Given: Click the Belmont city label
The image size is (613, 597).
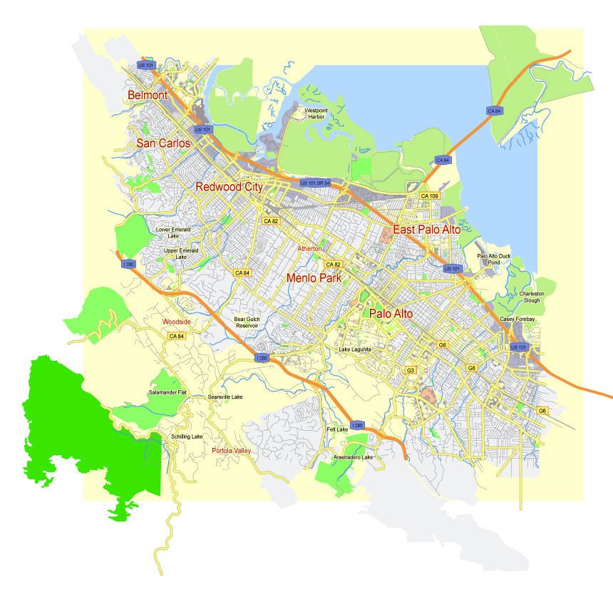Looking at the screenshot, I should click(x=148, y=95).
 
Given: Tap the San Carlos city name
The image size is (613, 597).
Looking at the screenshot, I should click(x=163, y=143).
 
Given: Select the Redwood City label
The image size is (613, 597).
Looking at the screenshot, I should click(x=230, y=187).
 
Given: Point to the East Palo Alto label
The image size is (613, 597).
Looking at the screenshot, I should click(x=426, y=230).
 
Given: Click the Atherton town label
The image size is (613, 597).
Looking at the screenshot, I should click(x=310, y=248).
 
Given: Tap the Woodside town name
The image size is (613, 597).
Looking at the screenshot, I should click(x=177, y=322).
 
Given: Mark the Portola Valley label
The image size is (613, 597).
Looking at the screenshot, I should click(x=232, y=451).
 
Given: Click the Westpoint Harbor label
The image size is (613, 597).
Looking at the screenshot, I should click(x=316, y=114).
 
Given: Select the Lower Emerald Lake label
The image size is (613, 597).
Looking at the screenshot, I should click(x=173, y=233).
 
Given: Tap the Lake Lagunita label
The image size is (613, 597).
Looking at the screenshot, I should click(x=356, y=349).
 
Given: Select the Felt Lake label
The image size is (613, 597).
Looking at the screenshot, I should click(x=337, y=429).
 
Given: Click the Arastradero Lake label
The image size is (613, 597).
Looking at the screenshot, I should click(x=354, y=456).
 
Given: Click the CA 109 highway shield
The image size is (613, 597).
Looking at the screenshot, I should click(x=428, y=195).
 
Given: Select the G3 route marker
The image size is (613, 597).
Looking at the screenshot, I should click(x=411, y=370).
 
